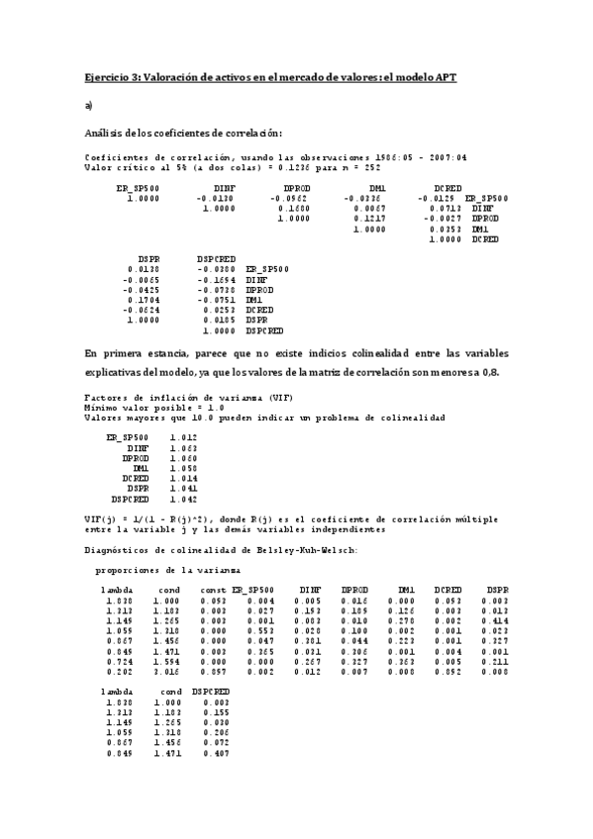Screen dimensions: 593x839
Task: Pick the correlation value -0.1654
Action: click(216, 279)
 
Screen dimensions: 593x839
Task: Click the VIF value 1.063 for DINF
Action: click(184, 447)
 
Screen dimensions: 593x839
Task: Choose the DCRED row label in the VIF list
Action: click(136, 478)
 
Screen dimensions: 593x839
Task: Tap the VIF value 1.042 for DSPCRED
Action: click(184, 499)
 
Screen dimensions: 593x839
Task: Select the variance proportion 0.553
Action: click(261, 630)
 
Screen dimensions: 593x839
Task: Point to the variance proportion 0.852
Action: click(449, 671)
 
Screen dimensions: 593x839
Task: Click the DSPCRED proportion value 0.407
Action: click(216, 754)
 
